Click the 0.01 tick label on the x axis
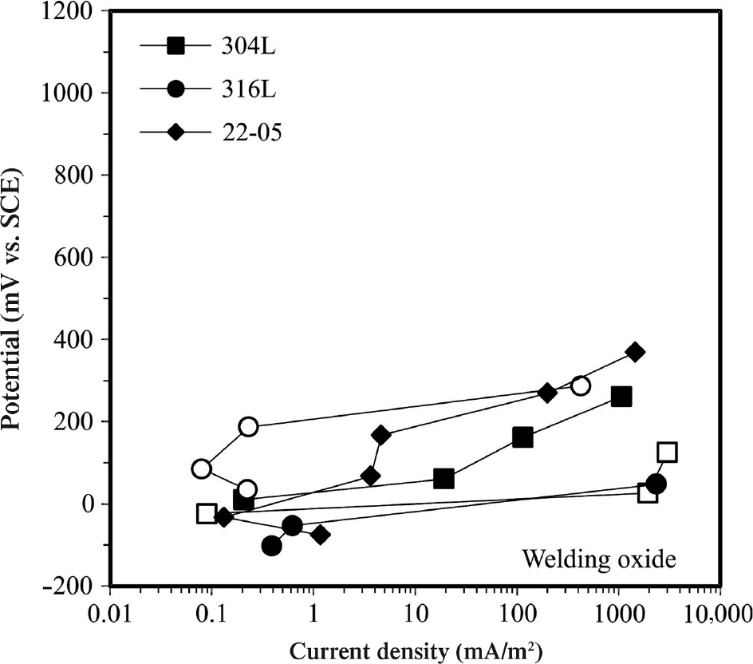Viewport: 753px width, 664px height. pos(109,615)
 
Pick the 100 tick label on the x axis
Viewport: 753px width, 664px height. pos(517,615)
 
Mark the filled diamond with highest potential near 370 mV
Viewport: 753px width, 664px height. pos(635,352)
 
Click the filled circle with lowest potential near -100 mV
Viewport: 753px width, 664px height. pos(271,546)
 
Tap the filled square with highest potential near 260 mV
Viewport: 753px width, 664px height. pos(621,397)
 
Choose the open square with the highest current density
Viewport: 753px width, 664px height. pos(668,453)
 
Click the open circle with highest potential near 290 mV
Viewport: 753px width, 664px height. pos(581,386)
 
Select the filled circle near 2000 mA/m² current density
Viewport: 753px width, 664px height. pos(656,484)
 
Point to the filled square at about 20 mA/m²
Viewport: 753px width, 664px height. pos(444,479)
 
